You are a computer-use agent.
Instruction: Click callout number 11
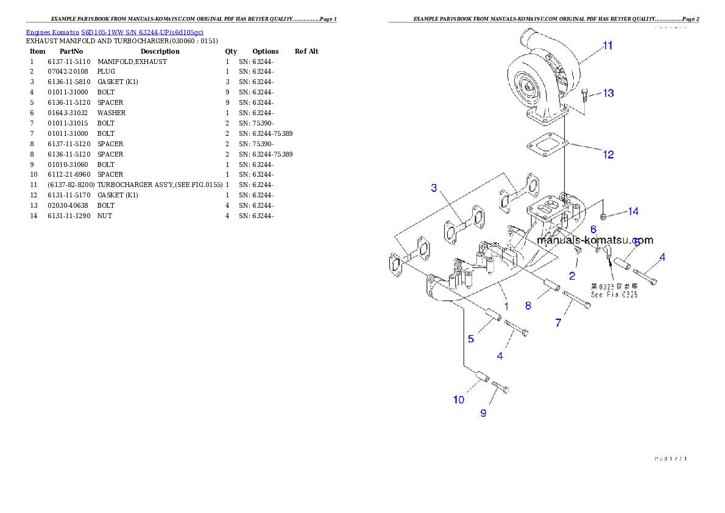(x=607, y=46)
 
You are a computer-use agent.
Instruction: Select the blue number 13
(x=608, y=93)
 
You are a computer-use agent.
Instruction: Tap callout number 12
(x=608, y=155)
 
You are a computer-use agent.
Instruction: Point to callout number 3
(x=434, y=188)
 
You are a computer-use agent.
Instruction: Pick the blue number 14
(x=633, y=211)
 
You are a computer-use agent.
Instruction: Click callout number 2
(x=571, y=276)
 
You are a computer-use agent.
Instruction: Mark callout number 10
(x=458, y=400)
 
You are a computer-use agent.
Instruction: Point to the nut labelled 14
(x=603, y=216)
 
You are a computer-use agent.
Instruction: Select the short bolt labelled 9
(x=500, y=386)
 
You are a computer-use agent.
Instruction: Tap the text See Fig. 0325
(x=614, y=294)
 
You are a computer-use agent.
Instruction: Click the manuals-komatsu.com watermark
(x=595, y=240)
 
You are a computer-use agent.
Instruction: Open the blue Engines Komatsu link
(x=115, y=32)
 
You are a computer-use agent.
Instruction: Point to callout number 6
(x=593, y=230)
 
